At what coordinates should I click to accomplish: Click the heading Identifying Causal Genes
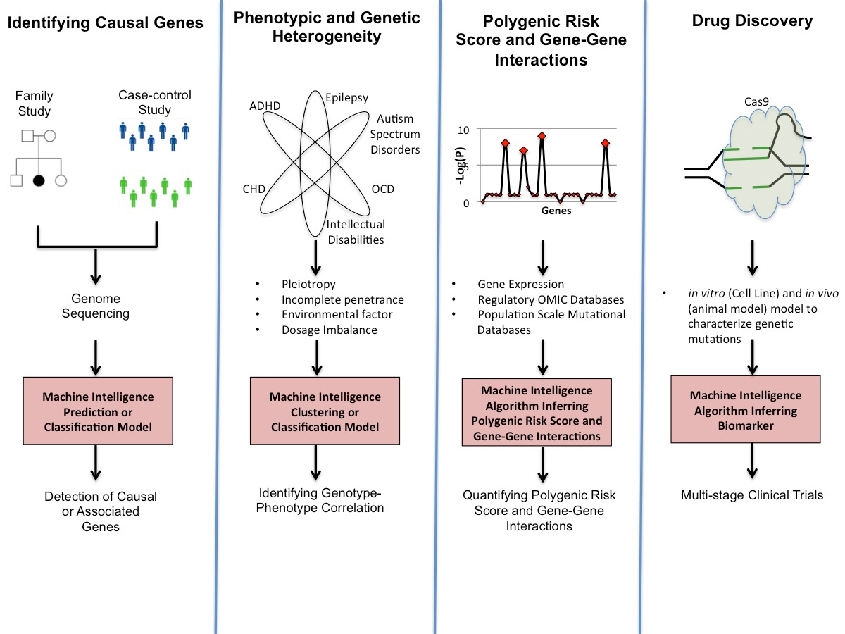105,23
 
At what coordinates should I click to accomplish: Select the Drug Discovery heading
751,22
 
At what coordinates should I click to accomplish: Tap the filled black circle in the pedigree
39,180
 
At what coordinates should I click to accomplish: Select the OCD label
382,189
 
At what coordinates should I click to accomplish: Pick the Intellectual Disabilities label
355,232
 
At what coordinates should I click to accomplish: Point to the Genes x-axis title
556,211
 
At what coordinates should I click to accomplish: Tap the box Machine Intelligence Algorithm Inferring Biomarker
746,411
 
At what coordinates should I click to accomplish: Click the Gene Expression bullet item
520,285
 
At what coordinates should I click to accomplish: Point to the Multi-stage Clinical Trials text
751,495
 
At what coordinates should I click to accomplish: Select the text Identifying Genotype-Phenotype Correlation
321,499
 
